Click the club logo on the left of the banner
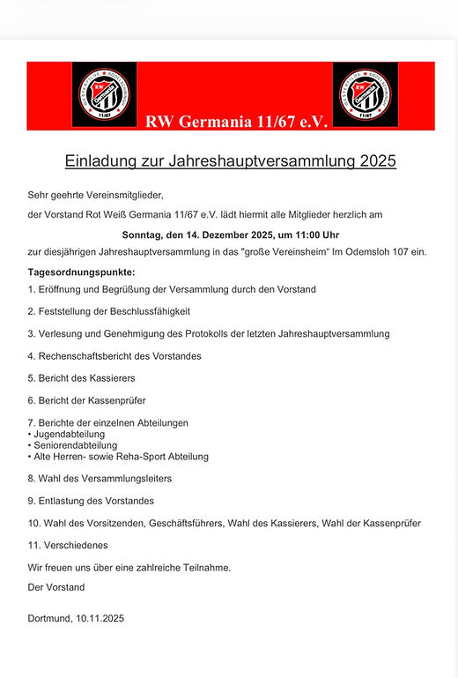pos(104,94)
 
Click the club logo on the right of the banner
pos(365,94)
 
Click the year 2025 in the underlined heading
pos(378,161)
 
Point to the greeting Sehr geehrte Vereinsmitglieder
pos(96,195)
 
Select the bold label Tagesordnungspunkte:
pos(82,272)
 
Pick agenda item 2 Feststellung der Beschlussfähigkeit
pos(109,311)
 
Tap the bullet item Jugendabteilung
pos(70,434)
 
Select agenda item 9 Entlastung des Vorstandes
pos(91,501)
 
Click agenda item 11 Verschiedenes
pos(74,546)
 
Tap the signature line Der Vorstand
pos(56,586)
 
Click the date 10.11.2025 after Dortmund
pos(99,619)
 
